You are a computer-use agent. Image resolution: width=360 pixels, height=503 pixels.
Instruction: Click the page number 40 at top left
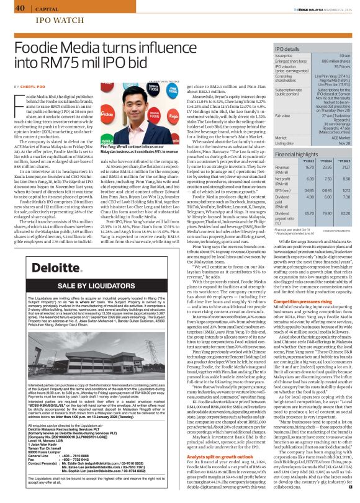(x=19, y=8)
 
